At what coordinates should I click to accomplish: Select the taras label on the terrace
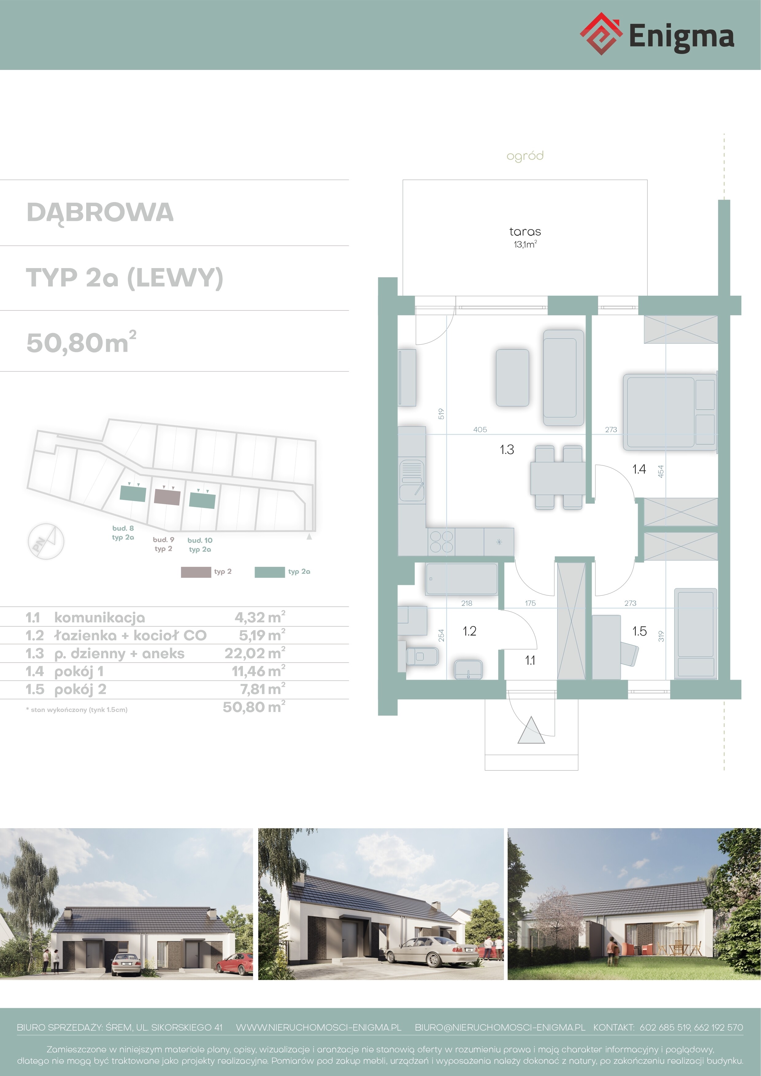525,232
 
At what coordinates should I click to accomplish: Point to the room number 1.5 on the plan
639,631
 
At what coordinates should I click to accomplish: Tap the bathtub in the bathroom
462,579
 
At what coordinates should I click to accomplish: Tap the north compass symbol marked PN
45,541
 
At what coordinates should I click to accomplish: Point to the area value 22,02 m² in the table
255,653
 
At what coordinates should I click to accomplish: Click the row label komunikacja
99,618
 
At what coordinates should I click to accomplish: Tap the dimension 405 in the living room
480,429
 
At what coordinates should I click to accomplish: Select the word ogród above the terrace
525,156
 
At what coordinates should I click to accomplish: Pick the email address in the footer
500,1027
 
